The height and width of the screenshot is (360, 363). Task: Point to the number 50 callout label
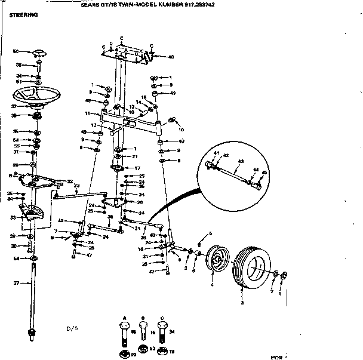[17, 51]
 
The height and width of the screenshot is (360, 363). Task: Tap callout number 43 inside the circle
[241, 161]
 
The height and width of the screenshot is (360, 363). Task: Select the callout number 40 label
[171, 57]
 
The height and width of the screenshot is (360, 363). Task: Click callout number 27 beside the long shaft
[17, 283]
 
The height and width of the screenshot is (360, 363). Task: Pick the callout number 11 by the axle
[87, 113]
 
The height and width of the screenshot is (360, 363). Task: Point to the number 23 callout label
[76, 186]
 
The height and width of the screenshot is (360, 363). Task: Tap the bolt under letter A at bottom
[124, 334]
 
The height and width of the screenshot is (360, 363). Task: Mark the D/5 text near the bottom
[72, 328]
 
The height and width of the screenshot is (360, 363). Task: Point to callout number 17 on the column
[137, 168]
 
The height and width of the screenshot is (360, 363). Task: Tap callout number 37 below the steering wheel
[13, 106]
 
